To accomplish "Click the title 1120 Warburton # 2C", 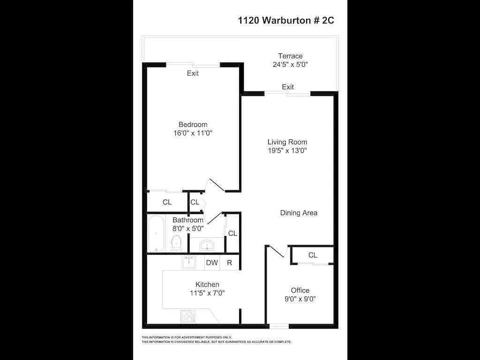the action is pyautogui.click(x=286, y=21).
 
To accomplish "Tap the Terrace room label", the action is pyautogui.click(x=290, y=56).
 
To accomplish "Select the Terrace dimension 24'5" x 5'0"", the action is pyautogui.click(x=290, y=65).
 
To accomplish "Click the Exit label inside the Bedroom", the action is pyautogui.click(x=193, y=73).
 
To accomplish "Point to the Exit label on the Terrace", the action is pyautogui.click(x=288, y=87).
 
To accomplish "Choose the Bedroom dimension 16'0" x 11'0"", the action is pyautogui.click(x=193, y=133).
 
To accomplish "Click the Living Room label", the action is pyautogui.click(x=287, y=142).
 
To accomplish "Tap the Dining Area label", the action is pyautogui.click(x=299, y=213).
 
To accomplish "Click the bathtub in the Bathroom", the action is pyautogui.click(x=157, y=233).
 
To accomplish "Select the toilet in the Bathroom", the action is pyautogui.click(x=176, y=244).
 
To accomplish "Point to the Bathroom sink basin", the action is pyautogui.click(x=207, y=245).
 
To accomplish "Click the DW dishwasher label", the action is pyautogui.click(x=212, y=262).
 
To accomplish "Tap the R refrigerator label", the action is pyautogui.click(x=230, y=262).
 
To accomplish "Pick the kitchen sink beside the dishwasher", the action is pyautogui.click(x=189, y=262).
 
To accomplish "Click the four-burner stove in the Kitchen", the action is pyautogui.click(x=187, y=316).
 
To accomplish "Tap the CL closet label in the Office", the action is pyautogui.click(x=313, y=255).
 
